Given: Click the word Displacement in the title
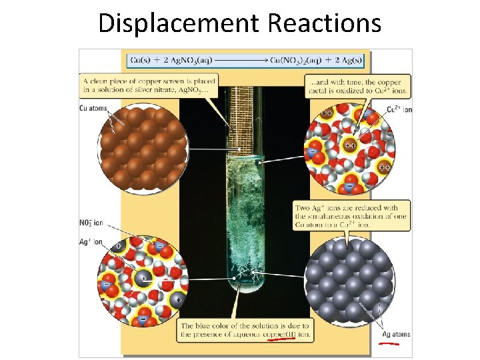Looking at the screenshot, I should coord(178,23).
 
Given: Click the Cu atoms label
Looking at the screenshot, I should coord(93,108).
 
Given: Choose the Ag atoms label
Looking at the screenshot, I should coord(396,334).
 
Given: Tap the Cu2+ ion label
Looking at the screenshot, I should coord(399,109).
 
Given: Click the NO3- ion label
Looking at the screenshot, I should coord(91,223).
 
